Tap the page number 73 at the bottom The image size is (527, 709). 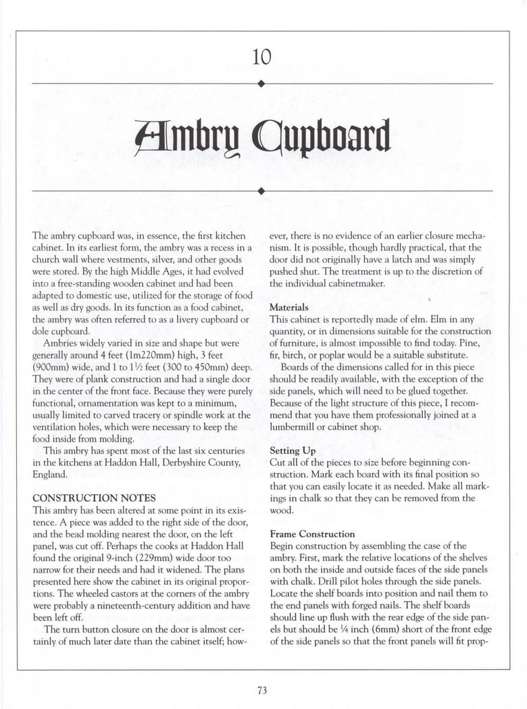262,689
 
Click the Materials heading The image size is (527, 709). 289,307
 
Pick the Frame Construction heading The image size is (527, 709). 312,533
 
